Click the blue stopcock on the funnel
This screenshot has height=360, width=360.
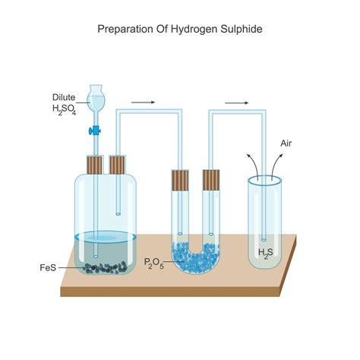tap(96, 131)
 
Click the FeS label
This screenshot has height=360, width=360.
tap(48, 267)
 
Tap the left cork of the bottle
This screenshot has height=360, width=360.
tap(96, 164)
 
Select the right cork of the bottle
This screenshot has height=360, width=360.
tap(118, 164)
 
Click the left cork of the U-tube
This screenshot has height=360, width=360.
tap(179, 179)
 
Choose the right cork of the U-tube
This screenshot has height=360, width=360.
tap(210, 179)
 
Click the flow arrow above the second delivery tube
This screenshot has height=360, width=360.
tap(236, 101)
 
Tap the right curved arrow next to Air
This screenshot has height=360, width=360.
tap(278, 163)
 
